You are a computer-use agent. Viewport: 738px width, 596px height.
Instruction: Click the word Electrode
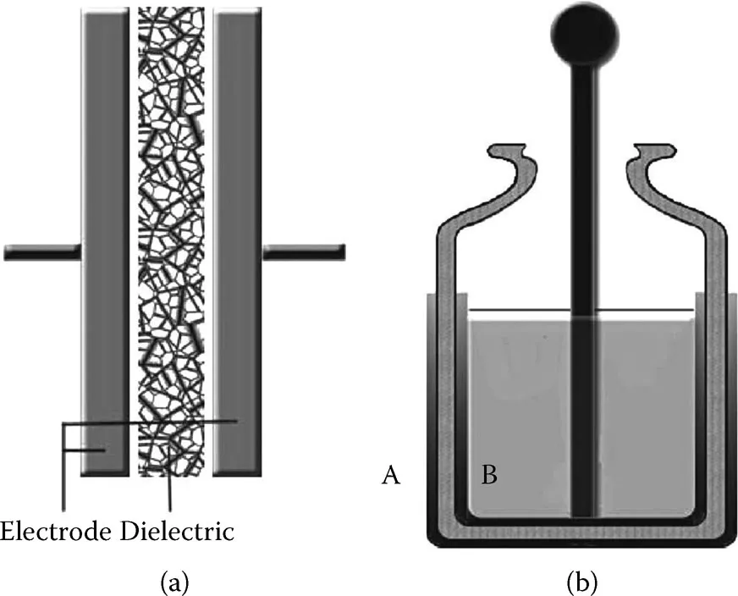point(56,533)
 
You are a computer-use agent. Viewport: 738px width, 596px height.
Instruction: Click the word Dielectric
point(176,533)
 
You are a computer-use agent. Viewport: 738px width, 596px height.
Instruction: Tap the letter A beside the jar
point(390,477)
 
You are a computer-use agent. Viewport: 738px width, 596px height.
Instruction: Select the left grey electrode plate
point(104,237)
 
